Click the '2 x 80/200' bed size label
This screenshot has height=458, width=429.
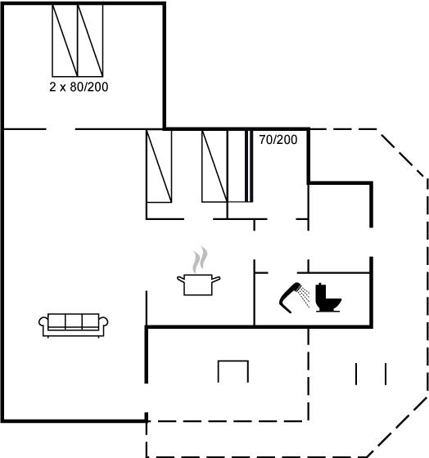79,87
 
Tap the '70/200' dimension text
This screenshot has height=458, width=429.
278,140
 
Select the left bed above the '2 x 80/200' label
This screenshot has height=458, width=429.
65,41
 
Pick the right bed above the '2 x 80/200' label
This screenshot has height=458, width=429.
90,41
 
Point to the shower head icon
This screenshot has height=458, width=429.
290,296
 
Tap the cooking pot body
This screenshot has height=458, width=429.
198,285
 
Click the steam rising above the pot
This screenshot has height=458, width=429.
200,260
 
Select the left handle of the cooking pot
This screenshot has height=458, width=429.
180,279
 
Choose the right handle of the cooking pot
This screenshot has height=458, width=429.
216,279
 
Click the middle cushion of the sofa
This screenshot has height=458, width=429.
74,321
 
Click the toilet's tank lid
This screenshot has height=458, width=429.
320,285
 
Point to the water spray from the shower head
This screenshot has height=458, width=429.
305,296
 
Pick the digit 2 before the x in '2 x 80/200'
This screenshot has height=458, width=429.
52,87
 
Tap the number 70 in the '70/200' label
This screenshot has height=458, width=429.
265,140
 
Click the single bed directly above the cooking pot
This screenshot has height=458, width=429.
214,166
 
